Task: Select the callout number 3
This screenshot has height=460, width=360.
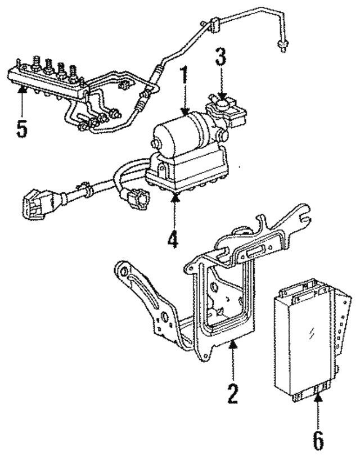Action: [x=222, y=58]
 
